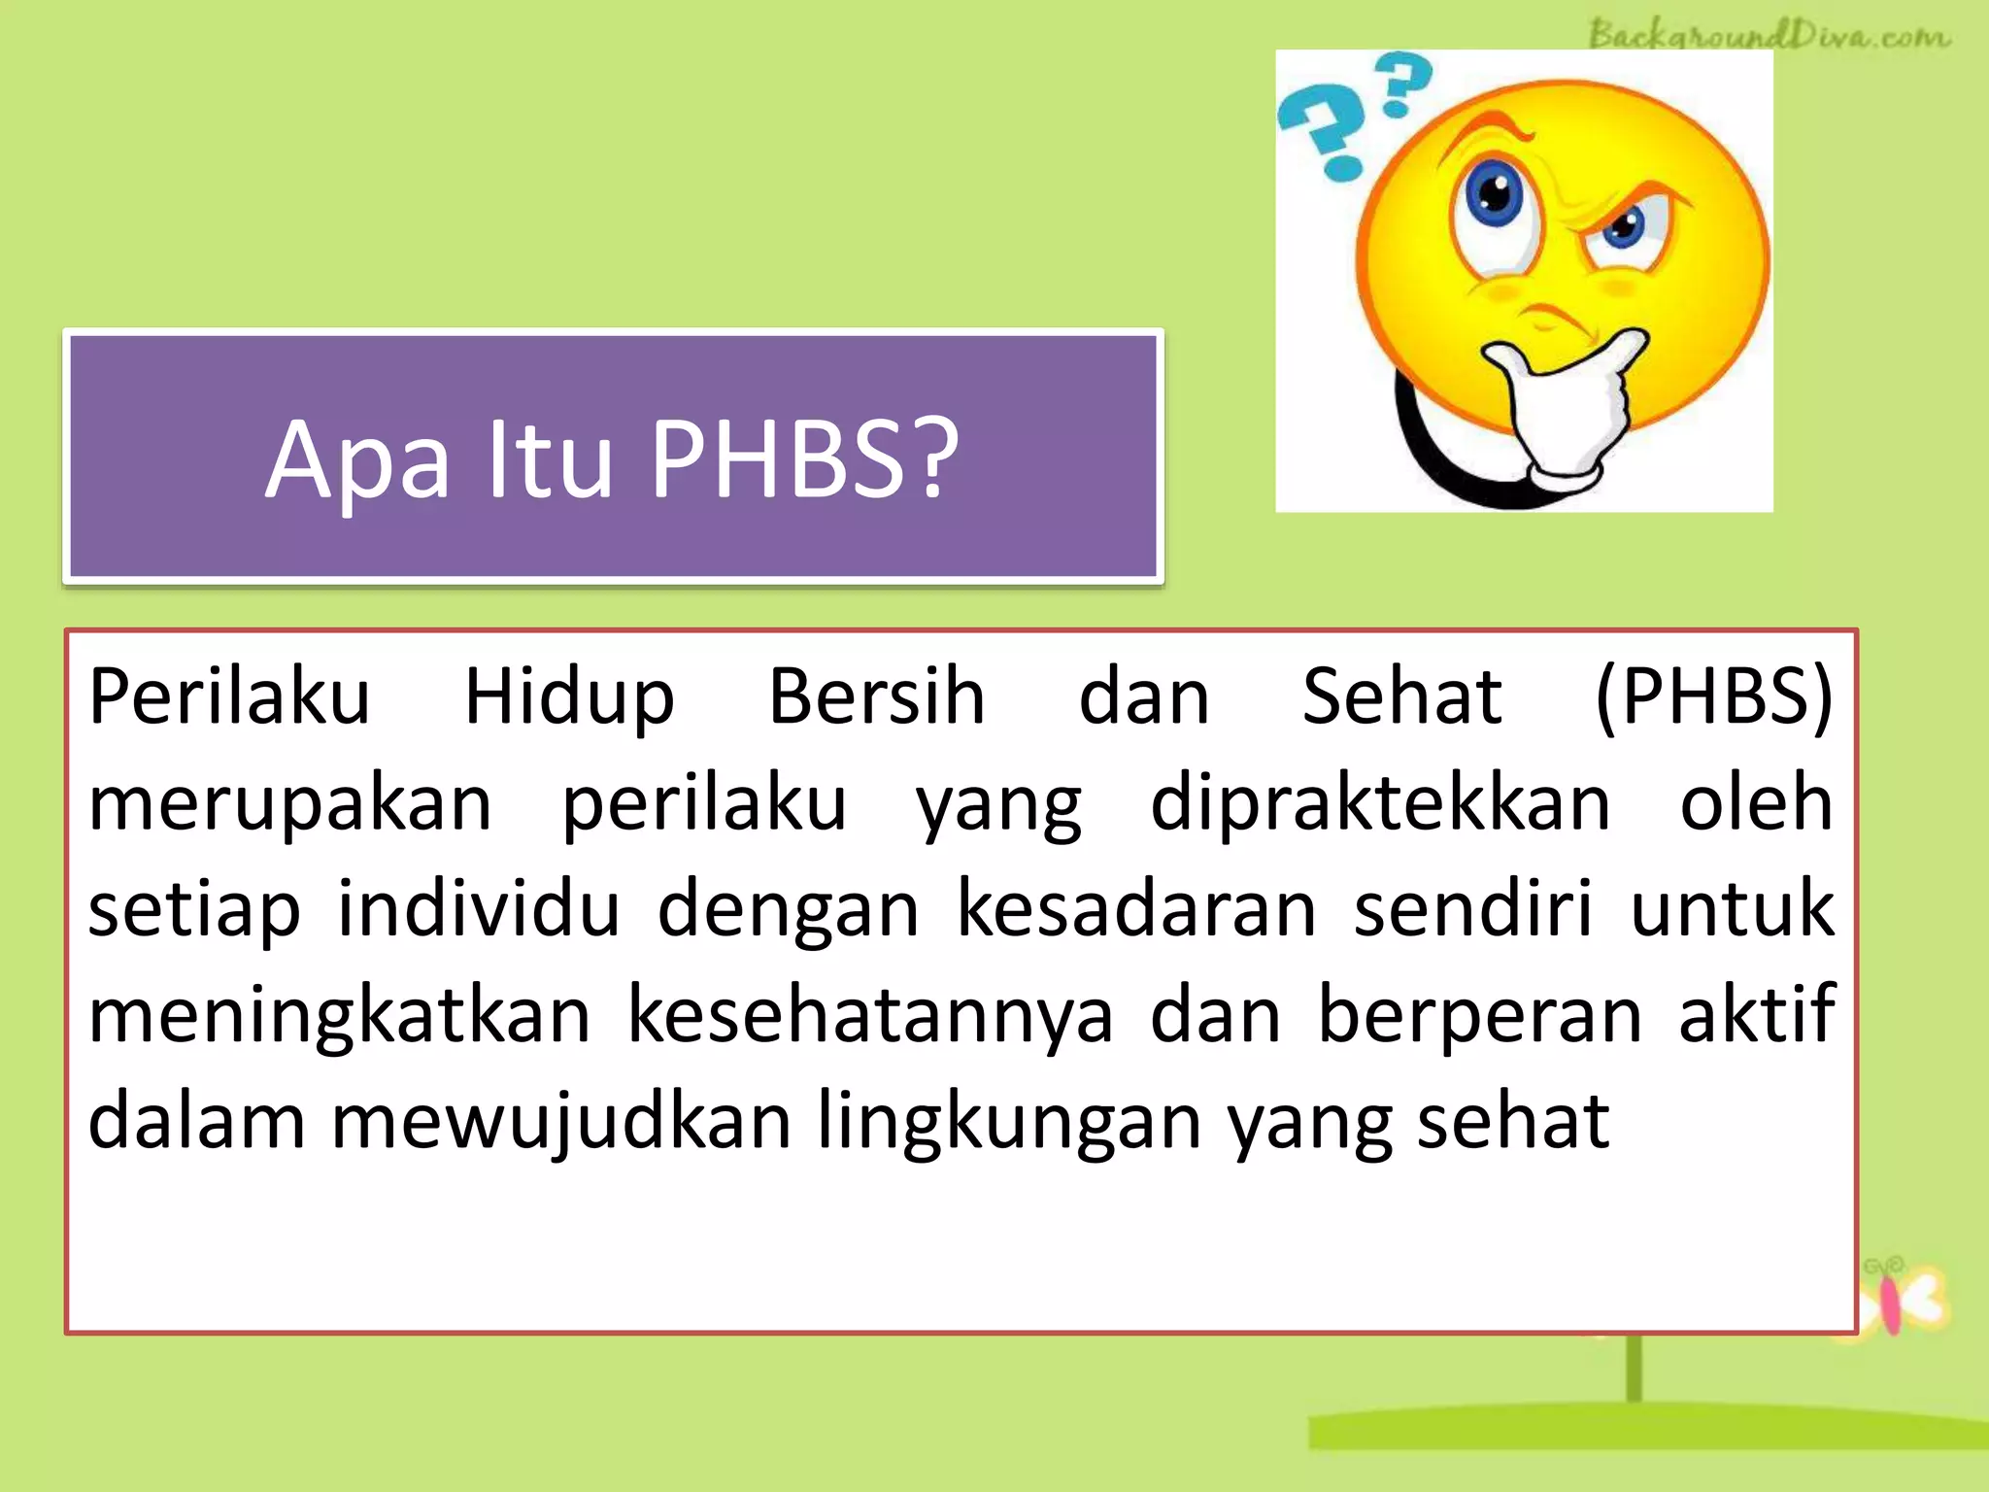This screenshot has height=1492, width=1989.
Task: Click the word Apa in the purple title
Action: pyautogui.click(x=357, y=460)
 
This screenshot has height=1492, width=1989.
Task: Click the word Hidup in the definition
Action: pyautogui.click(x=569, y=697)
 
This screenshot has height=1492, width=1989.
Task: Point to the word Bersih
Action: pyautogui.click(x=876, y=697)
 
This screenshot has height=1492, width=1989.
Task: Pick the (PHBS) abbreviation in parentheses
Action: pyautogui.click(x=1714, y=697)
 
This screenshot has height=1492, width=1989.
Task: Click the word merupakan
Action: pyautogui.click(x=290, y=804)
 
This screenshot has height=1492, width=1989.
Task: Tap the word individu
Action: pyautogui.click(x=478, y=909)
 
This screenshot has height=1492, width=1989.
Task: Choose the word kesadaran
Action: pyautogui.click(x=1136, y=909)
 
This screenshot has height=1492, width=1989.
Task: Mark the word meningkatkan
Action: pyautogui.click(x=339, y=1016)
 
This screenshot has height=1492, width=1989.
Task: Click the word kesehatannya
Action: pyautogui.click(x=870, y=1016)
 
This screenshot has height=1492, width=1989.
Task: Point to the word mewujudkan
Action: pyautogui.click(x=561, y=1123)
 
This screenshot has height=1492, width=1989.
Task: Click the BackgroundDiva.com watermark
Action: pyautogui.click(x=1769, y=35)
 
